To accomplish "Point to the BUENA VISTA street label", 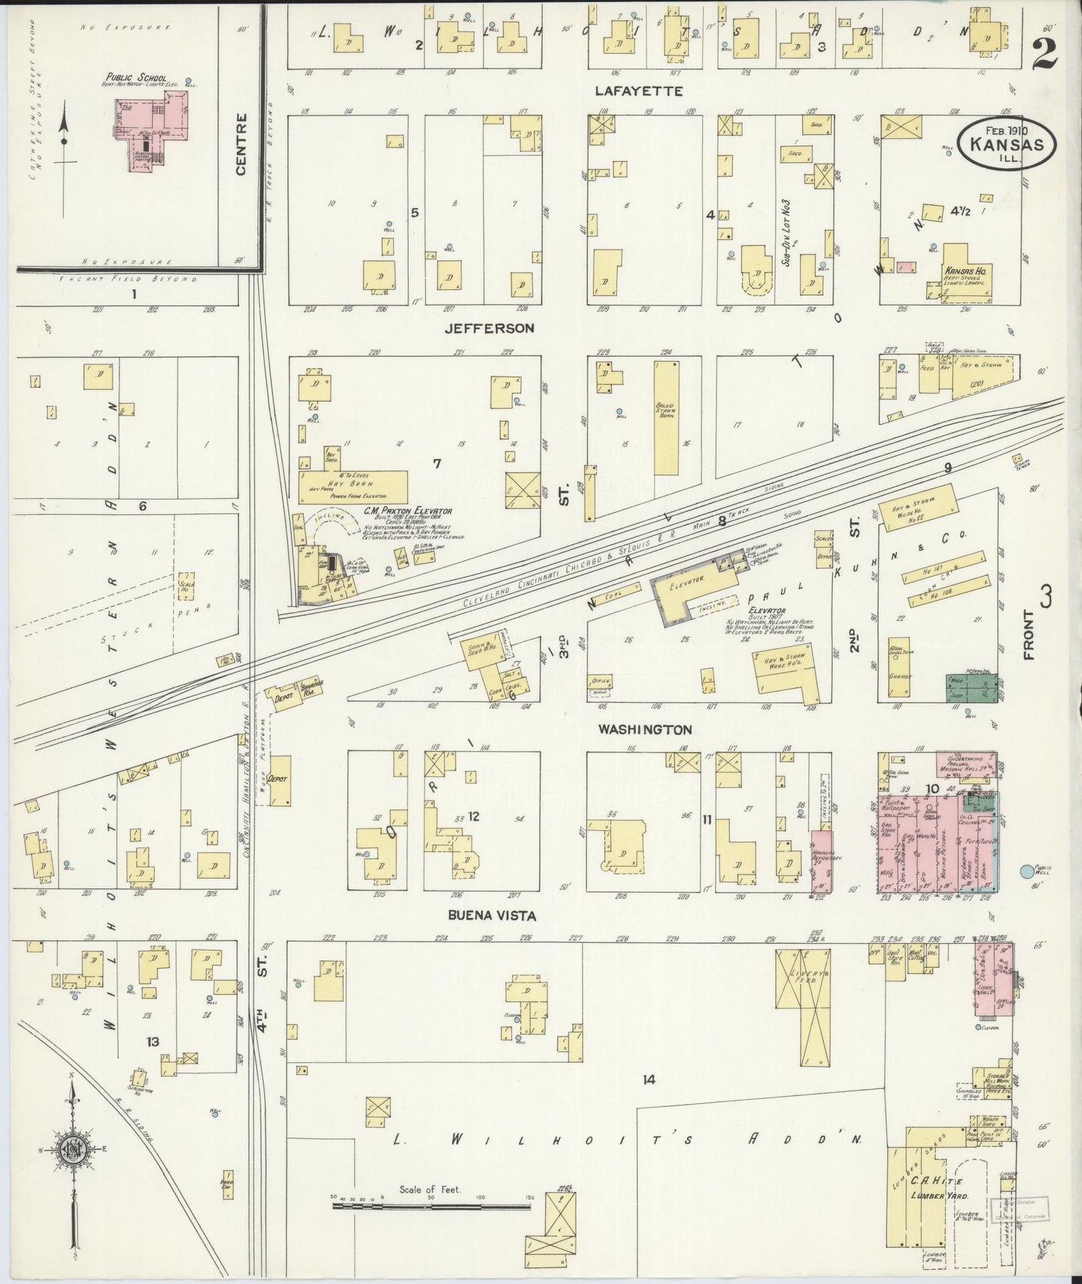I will tap(482, 915).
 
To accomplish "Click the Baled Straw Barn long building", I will tap(665, 418).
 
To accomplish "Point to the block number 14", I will tap(648, 1079).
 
